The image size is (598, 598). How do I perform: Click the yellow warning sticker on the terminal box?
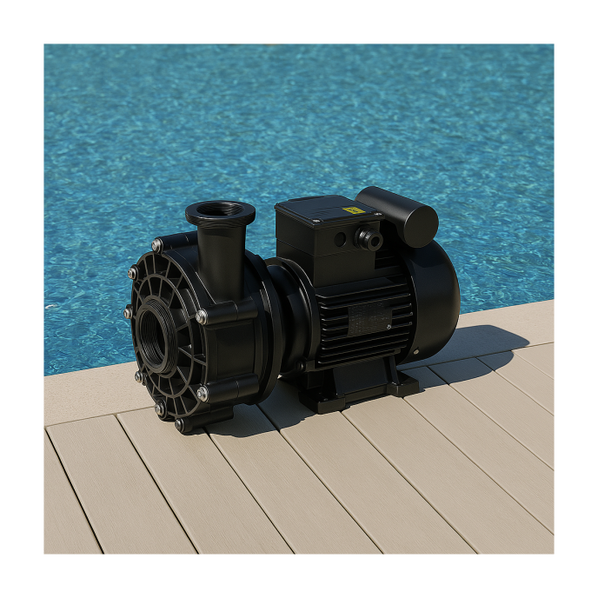[352, 210]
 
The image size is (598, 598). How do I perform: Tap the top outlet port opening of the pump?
[220, 210]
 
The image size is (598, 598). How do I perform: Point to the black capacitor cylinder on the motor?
[397, 215]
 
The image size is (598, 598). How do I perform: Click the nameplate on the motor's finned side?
[370, 321]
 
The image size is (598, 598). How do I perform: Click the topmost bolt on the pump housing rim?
[157, 245]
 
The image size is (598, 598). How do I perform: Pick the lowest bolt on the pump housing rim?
[179, 425]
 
